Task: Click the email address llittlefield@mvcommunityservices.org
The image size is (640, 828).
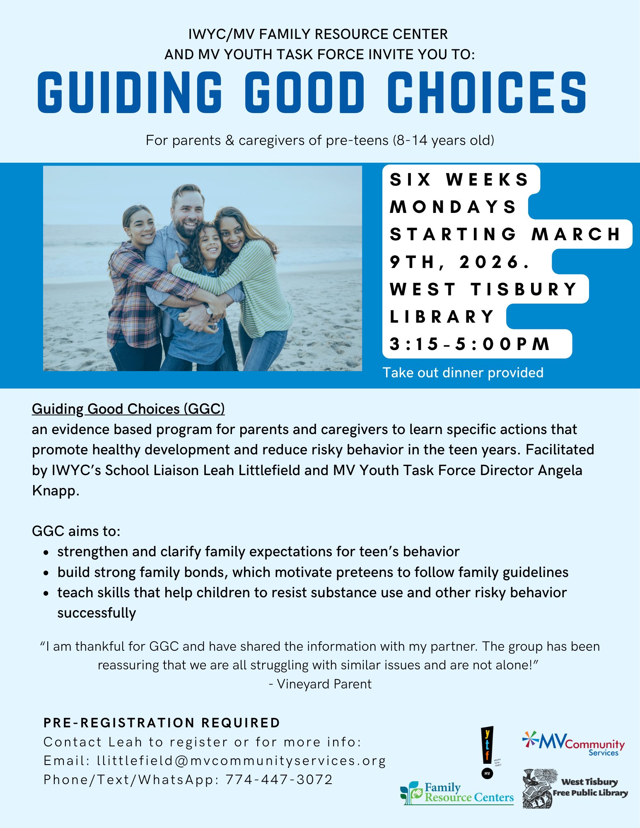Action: coord(242,761)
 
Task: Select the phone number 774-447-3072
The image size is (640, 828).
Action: coord(279,780)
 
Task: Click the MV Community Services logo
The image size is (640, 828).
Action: coord(573,744)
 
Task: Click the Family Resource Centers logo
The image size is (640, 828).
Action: coord(457,793)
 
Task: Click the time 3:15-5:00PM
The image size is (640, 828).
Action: coord(470,344)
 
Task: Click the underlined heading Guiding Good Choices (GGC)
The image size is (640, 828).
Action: coord(128,409)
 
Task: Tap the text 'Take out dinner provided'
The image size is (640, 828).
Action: coord(463,373)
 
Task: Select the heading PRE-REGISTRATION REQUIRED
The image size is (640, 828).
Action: coord(162,723)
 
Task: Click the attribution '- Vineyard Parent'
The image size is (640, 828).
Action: coord(320,684)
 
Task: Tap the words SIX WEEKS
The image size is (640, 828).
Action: coord(459,179)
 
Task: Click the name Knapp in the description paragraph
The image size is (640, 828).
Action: coord(55,491)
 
